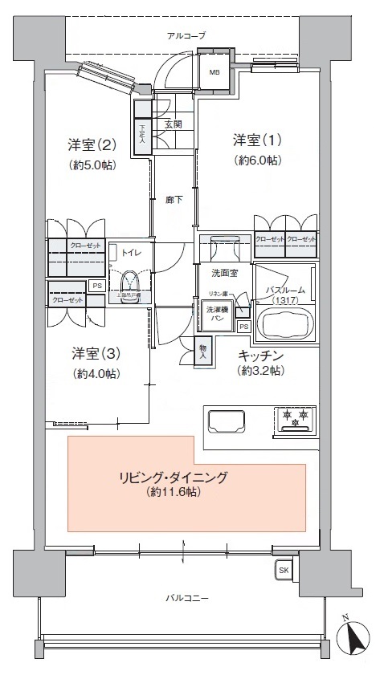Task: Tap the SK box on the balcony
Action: [x=284, y=571]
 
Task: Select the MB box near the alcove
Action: [x=214, y=72]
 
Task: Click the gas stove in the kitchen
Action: [x=295, y=420]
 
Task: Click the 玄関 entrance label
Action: [x=174, y=124]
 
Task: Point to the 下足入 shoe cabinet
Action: [x=142, y=131]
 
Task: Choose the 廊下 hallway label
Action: [x=173, y=201]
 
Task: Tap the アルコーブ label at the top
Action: [x=186, y=36]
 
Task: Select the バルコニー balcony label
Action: [x=187, y=599]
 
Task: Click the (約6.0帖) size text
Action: [x=257, y=161]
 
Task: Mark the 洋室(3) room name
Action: [x=95, y=353]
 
